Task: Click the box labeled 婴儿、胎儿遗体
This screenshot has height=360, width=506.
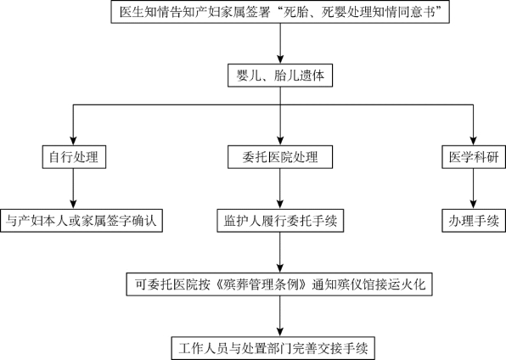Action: pyautogui.click(x=280, y=76)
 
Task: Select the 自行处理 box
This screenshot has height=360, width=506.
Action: pyautogui.click(x=74, y=157)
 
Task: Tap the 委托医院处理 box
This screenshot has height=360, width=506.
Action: pyautogui.click(x=280, y=157)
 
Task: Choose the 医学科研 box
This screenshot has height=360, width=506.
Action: pyautogui.click(x=474, y=157)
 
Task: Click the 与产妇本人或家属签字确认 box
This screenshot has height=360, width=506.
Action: pyautogui.click(x=82, y=221)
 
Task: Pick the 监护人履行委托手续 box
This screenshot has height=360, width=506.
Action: pyautogui.click(x=280, y=221)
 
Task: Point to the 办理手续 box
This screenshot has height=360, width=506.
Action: pyautogui.click(x=474, y=221)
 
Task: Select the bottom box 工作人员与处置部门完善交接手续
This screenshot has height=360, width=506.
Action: pyautogui.click(x=273, y=348)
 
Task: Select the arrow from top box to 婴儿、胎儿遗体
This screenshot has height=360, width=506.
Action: pyautogui.click(x=280, y=44)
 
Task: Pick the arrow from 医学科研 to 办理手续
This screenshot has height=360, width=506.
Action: pyautogui.click(x=473, y=188)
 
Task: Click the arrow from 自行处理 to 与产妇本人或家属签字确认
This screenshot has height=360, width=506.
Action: pyautogui.click(x=73, y=188)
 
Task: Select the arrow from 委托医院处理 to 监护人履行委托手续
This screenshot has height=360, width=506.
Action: pyautogui.click(x=280, y=188)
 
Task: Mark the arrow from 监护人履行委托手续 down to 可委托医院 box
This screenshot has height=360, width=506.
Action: pyautogui.click(x=280, y=252)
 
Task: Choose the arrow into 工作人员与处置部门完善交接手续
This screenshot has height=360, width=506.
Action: pyautogui.click(x=280, y=317)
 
